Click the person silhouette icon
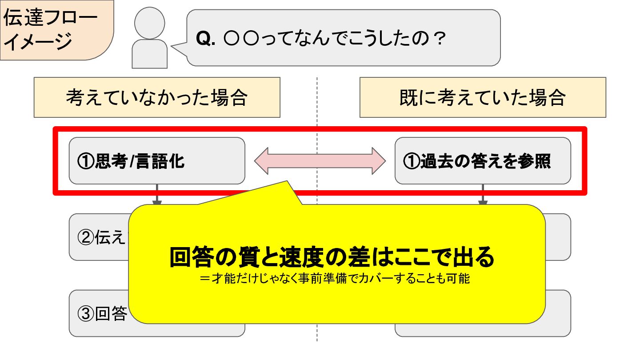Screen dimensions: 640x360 150,38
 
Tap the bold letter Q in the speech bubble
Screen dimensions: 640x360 204,39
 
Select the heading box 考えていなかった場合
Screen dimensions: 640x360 156,97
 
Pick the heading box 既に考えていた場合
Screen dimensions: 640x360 482,97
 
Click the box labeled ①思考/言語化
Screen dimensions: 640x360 156,161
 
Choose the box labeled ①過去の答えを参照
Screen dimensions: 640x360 482,161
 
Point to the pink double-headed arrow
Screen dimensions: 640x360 320,161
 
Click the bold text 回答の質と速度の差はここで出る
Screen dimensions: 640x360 332,257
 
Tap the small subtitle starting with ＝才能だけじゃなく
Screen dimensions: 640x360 335,280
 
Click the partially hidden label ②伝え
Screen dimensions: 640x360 100,238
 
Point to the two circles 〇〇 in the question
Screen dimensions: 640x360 241,39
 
